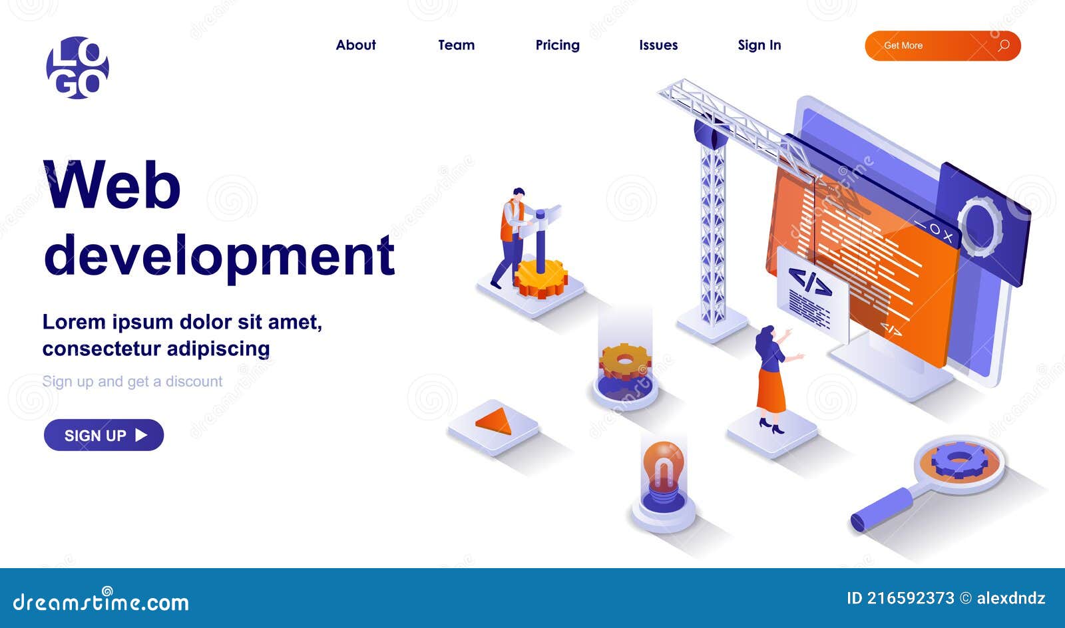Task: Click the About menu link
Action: [x=355, y=45]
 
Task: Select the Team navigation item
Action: [x=456, y=45]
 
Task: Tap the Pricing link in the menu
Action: [x=557, y=45]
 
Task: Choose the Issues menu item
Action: [x=658, y=45]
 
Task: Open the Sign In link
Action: [x=759, y=45]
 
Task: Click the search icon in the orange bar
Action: [x=1004, y=46]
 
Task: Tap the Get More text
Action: [x=903, y=46]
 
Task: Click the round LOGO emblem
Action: [x=77, y=68]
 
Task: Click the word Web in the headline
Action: [x=112, y=185]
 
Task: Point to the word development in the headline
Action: [x=219, y=256]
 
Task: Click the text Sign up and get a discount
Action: [x=132, y=382]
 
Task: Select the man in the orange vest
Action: [x=511, y=236]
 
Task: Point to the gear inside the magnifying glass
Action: [x=959, y=461]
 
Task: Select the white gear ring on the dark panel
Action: [x=979, y=226]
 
